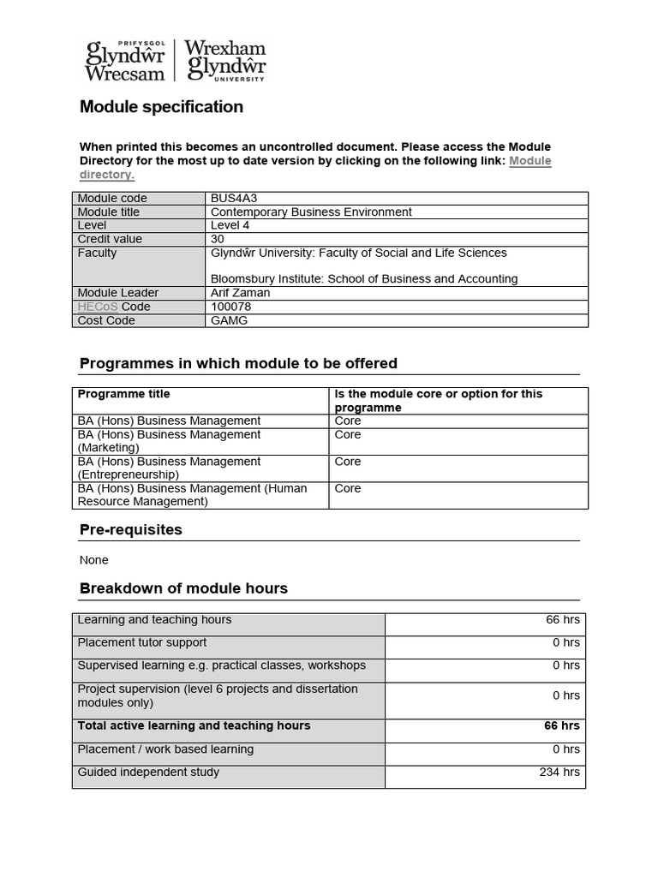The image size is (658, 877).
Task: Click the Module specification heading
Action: tap(161, 107)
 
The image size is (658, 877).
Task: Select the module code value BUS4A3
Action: tap(233, 199)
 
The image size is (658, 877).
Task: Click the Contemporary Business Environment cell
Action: tap(311, 212)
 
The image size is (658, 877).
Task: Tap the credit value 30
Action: tap(217, 240)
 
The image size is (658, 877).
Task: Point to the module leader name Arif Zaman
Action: tap(240, 293)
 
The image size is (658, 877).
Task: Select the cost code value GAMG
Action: tap(228, 320)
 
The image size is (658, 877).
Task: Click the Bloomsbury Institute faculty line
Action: tap(364, 279)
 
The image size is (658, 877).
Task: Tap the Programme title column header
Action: tap(124, 395)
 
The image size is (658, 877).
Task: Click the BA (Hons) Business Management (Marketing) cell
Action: tap(169, 441)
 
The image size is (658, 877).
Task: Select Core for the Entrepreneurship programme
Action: tap(348, 462)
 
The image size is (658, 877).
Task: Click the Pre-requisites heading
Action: tap(130, 530)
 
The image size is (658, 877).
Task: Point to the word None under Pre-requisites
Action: tap(93, 560)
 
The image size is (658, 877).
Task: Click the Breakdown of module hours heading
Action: tap(183, 588)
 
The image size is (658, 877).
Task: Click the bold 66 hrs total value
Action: tap(561, 726)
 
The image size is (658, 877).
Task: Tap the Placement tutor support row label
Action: tap(142, 642)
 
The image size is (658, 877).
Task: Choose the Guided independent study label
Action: tap(148, 773)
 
